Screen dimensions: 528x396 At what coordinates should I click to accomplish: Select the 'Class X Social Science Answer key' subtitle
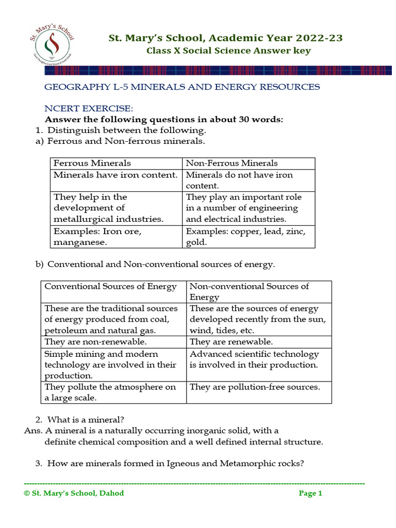point(228,51)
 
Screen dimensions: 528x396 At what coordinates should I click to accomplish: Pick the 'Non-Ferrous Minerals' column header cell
point(232,163)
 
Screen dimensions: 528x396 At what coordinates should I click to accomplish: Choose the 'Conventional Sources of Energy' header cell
point(110,287)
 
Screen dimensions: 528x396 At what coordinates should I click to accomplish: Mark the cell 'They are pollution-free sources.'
point(255,387)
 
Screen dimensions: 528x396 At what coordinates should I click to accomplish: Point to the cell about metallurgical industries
point(108,208)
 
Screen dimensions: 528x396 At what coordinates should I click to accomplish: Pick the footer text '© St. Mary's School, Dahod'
point(74,493)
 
